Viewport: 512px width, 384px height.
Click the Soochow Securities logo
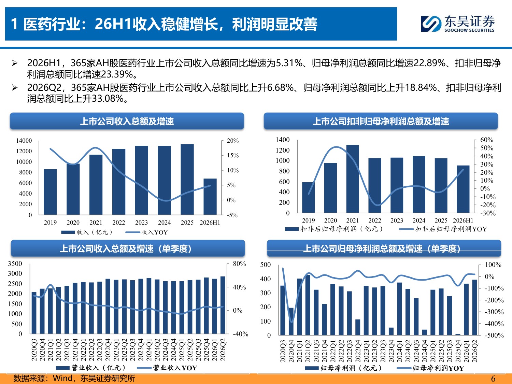coord(458,24)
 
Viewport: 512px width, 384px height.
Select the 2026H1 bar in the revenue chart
coord(210,197)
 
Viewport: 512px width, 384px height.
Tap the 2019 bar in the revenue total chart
coord(50,192)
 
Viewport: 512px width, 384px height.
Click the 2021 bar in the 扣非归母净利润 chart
coord(353,179)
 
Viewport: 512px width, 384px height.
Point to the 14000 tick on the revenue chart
coord(24,141)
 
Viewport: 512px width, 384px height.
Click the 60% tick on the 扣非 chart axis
coord(487,140)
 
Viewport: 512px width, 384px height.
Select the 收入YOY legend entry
coord(146,232)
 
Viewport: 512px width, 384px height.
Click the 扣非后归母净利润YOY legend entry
coord(443,229)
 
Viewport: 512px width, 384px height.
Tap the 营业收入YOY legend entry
coord(167,368)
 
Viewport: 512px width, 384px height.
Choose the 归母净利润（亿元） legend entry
coord(343,368)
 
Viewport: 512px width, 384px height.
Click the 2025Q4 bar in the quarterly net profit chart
coord(458,335)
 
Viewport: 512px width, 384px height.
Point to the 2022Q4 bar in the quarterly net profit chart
coord(358,327)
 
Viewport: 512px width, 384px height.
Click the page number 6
coord(493,379)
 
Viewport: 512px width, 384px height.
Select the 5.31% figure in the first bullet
coord(289,63)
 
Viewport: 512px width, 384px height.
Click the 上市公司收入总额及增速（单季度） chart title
coord(126,249)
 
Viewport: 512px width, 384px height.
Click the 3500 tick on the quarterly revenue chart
coord(15,264)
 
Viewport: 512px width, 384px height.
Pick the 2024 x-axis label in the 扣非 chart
coord(419,220)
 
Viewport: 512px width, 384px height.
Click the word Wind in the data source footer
coord(63,378)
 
